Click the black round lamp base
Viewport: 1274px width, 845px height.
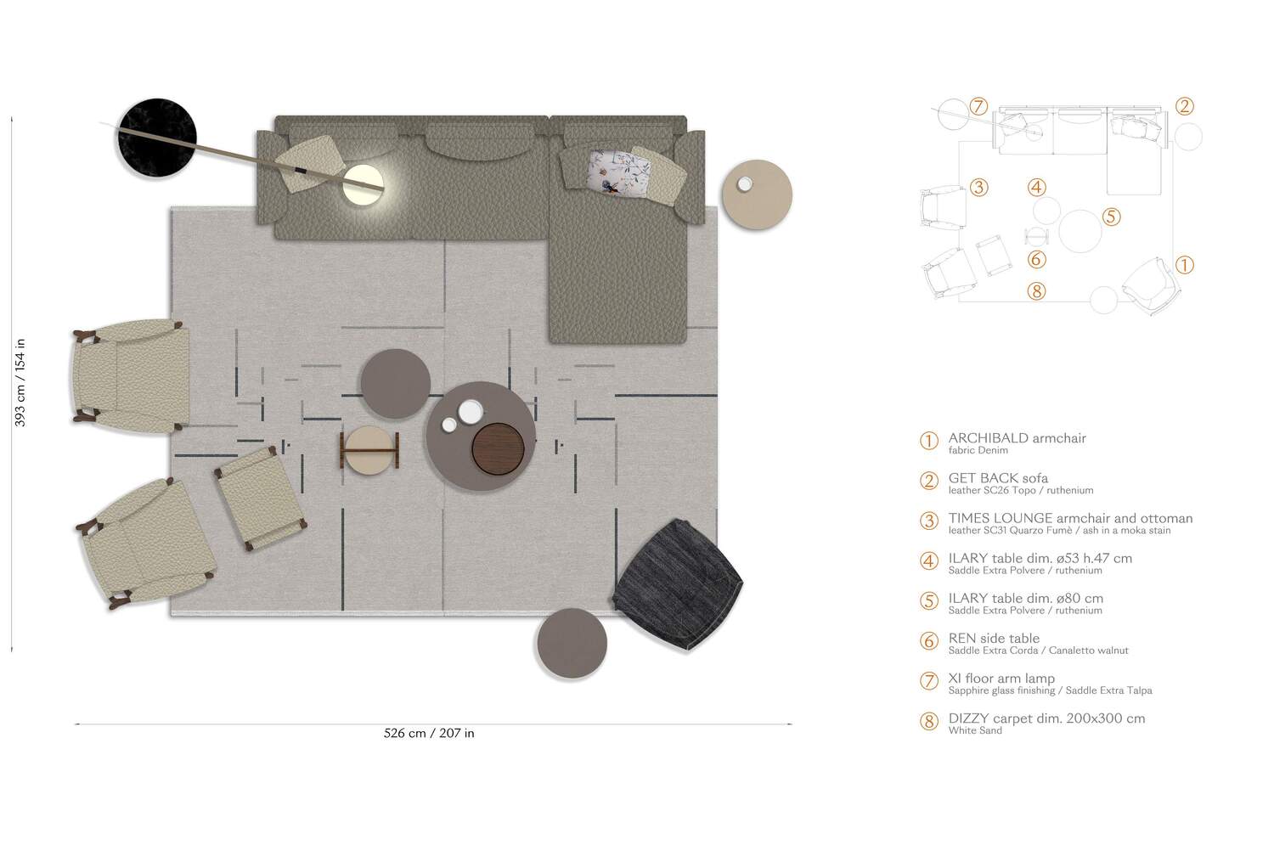pyautogui.click(x=157, y=138)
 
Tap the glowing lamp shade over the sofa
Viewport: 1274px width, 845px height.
pyautogui.click(x=363, y=184)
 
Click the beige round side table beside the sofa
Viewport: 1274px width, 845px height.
pyautogui.click(x=757, y=194)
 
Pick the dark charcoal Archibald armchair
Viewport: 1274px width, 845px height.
pyautogui.click(x=678, y=584)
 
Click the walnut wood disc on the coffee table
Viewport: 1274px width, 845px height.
pyautogui.click(x=498, y=448)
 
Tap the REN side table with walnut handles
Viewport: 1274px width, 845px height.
pyautogui.click(x=369, y=450)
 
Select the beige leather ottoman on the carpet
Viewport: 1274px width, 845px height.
pyautogui.click(x=261, y=499)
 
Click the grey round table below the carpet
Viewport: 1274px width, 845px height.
pyautogui.click(x=572, y=643)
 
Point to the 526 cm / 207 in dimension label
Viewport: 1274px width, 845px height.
pyautogui.click(x=429, y=733)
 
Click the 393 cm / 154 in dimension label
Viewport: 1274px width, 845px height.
pyautogui.click(x=20, y=382)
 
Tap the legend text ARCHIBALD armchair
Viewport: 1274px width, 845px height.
pyautogui.click(x=1017, y=438)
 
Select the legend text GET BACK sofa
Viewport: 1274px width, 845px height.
pyautogui.click(x=998, y=477)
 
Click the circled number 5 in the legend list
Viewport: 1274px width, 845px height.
pyautogui.click(x=929, y=601)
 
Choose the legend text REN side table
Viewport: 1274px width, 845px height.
pyautogui.click(x=994, y=638)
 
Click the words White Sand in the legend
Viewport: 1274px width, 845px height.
pyautogui.click(x=975, y=730)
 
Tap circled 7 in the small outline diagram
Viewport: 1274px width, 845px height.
pyautogui.click(x=978, y=106)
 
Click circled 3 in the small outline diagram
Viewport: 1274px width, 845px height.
pyautogui.click(x=978, y=187)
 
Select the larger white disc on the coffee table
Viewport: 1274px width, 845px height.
pyautogui.click(x=471, y=412)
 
